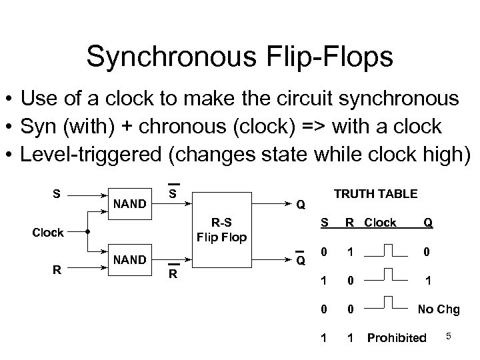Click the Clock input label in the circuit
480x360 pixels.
point(48,233)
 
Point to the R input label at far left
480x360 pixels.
point(57,270)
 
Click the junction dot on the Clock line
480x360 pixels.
point(88,233)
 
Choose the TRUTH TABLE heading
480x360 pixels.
point(375,194)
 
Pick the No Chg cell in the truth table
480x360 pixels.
point(437,309)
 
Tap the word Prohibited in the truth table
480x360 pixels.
point(397,338)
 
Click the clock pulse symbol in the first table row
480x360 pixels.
point(380,251)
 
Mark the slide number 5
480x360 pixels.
point(449,336)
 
